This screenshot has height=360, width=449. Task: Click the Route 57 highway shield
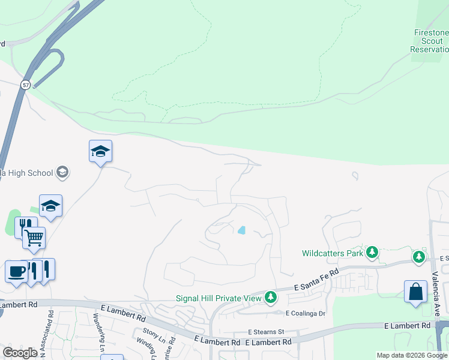click(x=25, y=85)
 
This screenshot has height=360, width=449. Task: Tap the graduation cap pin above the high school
click(x=100, y=152)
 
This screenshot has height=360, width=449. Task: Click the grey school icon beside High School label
click(x=62, y=173)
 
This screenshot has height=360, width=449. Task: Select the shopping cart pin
click(x=34, y=238)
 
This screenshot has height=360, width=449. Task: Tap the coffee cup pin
click(x=16, y=271)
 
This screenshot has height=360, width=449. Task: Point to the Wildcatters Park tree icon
click(x=372, y=253)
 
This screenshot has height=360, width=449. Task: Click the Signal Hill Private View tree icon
click(x=271, y=297)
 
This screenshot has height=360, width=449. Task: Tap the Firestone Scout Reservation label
click(x=430, y=41)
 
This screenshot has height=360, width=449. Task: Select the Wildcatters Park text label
click(x=333, y=253)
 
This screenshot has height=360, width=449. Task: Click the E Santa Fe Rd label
click(x=316, y=287)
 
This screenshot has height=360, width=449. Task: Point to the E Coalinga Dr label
click(x=305, y=313)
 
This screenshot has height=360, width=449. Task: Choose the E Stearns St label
click(x=266, y=332)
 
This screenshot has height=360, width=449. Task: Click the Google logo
click(x=20, y=353)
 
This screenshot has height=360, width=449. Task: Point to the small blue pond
click(x=241, y=230)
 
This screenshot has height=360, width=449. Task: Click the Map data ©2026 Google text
click(x=412, y=355)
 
